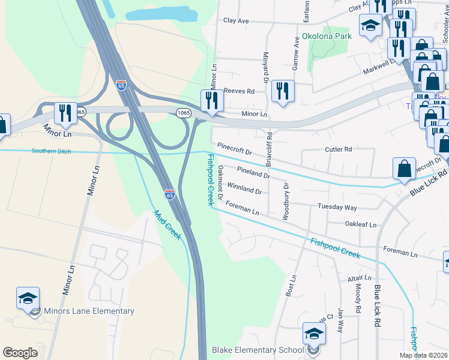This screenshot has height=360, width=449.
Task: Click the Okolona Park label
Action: click(x=327, y=36)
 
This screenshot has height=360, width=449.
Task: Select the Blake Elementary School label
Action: click(x=258, y=350)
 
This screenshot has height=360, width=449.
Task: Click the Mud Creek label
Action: click(x=167, y=225)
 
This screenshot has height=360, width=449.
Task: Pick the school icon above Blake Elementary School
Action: click(x=313, y=334)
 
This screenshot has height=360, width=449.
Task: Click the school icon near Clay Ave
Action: click(x=370, y=26)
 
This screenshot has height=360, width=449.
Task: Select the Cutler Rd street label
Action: click(x=338, y=149)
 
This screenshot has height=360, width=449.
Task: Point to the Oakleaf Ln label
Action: click(x=361, y=224)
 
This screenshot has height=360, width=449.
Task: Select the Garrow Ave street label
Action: click(x=296, y=51)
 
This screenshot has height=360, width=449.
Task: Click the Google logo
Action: click(x=20, y=353)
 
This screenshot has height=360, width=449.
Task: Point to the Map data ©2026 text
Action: click(x=423, y=355)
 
